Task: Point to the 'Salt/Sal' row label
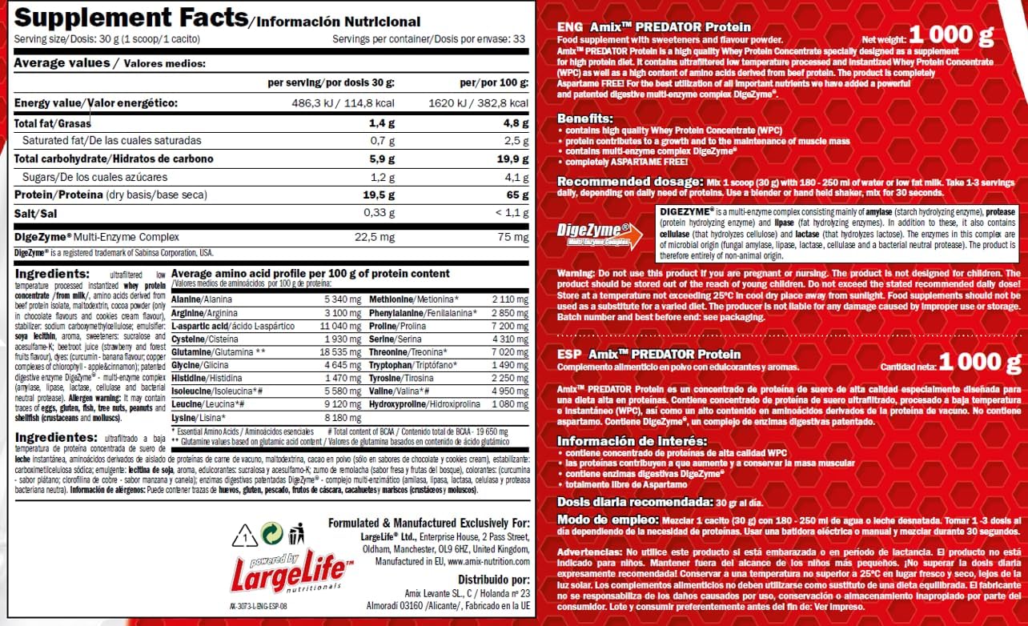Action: tap(36, 214)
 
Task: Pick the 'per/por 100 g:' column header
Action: tap(494, 82)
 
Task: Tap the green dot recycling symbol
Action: tap(271, 532)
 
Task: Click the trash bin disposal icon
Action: tap(296, 532)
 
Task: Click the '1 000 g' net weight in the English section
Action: tap(951, 36)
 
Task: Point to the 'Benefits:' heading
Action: tap(585, 118)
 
